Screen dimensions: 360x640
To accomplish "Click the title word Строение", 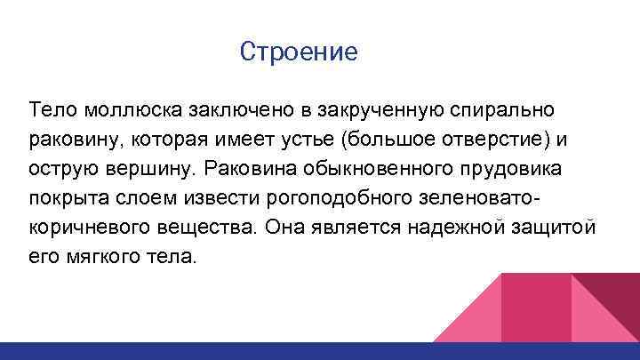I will (299, 52).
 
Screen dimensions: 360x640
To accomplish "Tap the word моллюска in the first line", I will (133, 109).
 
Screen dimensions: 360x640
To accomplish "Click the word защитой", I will (554, 227).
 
